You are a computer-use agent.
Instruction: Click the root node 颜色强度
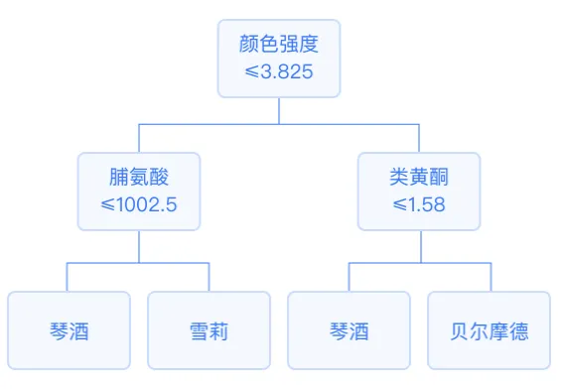pyautogui.click(x=278, y=58)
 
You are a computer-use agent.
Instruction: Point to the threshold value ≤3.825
pyautogui.click(x=279, y=72)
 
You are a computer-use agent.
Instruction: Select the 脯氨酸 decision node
pyautogui.click(x=139, y=191)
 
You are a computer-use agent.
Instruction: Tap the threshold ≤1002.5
pyautogui.click(x=139, y=205)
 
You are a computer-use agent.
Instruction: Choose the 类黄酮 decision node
pyautogui.click(x=419, y=191)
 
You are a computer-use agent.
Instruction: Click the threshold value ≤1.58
pyautogui.click(x=419, y=205)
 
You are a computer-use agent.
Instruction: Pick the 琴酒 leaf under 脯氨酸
pyautogui.click(x=69, y=330)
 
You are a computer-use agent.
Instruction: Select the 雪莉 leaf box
pyautogui.click(x=209, y=330)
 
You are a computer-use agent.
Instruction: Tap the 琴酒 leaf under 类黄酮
pyautogui.click(x=349, y=330)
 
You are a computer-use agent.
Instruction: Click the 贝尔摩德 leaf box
pyautogui.click(x=489, y=330)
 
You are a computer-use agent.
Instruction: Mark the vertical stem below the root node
pyautogui.click(x=279, y=110)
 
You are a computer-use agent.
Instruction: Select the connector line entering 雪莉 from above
pyautogui.click(x=209, y=277)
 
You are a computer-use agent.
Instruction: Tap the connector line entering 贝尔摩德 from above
pyautogui.click(x=489, y=277)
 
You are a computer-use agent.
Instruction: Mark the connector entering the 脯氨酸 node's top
pyautogui.click(x=139, y=138)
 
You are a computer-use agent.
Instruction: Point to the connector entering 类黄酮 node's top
pyautogui.click(x=419, y=138)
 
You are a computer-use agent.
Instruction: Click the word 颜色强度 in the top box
pyautogui.click(x=279, y=45)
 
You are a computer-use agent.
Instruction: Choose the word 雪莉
pyautogui.click(x=209, y=330)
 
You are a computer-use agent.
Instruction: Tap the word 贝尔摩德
pyautogui.click(x=489, y=330)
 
